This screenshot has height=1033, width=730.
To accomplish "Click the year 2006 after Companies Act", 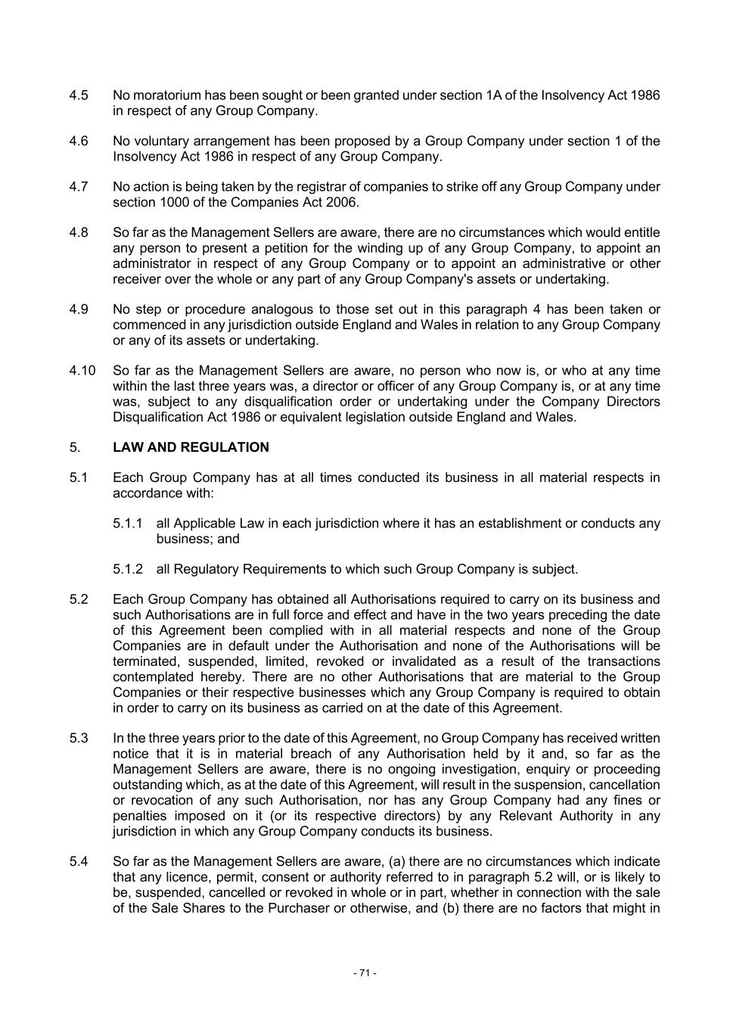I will click(340, 202).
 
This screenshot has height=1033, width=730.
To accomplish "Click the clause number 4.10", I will click(82, 370).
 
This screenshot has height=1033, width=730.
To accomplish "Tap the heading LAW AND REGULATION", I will click(191, 447).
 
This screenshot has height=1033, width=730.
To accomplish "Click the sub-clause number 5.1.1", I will click(128, 523).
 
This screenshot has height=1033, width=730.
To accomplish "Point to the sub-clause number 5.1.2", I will click(128, 569).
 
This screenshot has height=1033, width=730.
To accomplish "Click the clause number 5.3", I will click(79, 738).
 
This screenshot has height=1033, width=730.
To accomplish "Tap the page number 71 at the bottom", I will click(365, 972).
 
